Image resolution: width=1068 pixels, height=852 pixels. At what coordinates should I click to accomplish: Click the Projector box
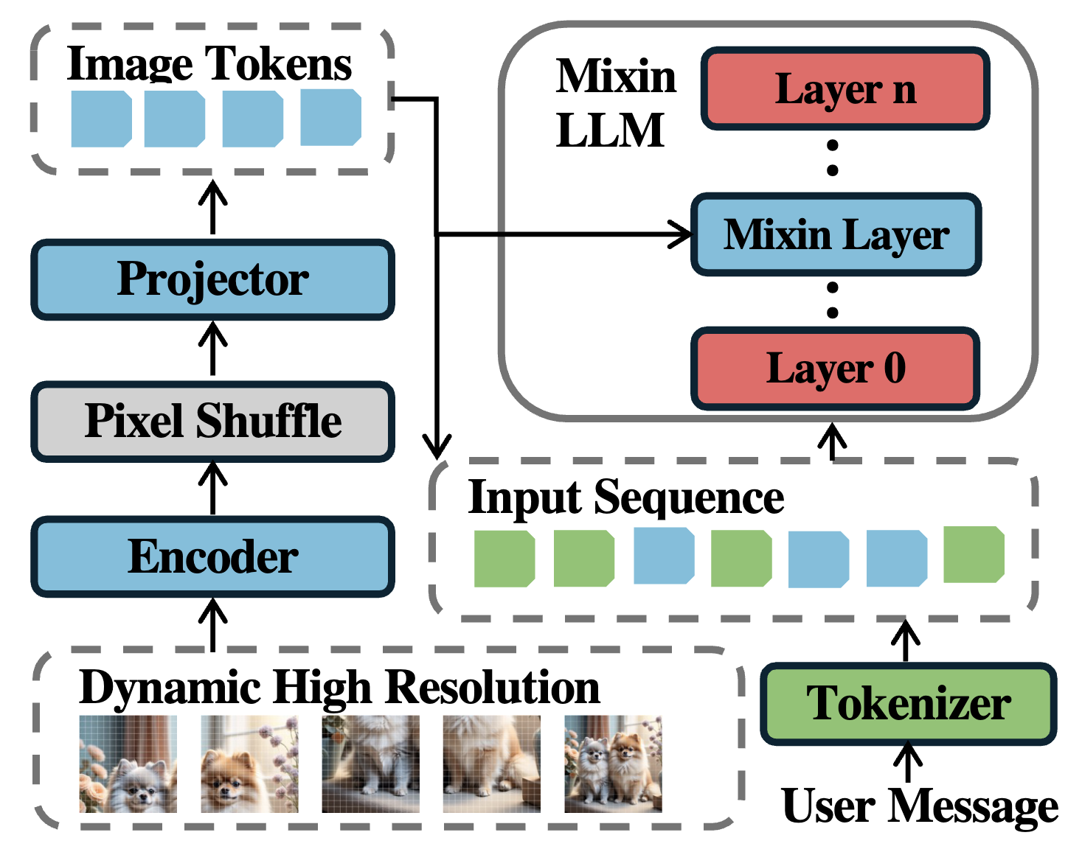pos(212,280)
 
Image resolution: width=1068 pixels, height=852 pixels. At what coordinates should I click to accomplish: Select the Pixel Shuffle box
pos(212,422)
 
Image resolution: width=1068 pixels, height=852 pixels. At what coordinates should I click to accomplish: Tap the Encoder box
pos(212,556)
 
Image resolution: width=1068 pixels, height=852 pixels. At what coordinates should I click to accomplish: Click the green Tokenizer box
pos(909,703)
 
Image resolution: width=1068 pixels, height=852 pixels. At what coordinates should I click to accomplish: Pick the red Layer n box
pos(845,89)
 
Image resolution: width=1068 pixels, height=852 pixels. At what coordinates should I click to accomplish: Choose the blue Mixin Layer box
pos(836,235)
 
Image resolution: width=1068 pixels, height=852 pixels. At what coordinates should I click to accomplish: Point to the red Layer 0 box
pos(836,369)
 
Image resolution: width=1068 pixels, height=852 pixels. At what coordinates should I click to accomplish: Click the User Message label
pos(919,806)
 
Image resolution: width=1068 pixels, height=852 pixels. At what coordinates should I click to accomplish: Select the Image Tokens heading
pos(209,64)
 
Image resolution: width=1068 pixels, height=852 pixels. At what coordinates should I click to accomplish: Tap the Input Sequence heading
pos(626,497)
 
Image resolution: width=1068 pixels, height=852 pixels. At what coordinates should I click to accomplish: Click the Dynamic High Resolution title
pos(339,688)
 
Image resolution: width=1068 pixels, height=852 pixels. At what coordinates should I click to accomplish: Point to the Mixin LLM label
pos(614,103)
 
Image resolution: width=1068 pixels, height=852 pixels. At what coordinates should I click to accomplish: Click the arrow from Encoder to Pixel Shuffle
pos(213,489)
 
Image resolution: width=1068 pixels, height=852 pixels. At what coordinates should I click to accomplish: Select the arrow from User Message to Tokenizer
pos(908,763)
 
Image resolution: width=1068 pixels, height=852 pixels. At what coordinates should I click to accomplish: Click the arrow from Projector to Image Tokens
pos(213,207)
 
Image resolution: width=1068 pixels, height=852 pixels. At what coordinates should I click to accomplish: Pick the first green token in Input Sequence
pos(504,559)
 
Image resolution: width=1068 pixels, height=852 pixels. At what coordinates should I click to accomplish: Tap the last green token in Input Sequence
pos(974,554)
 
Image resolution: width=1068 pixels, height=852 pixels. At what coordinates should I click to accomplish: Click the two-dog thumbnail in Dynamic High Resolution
pos(613,764)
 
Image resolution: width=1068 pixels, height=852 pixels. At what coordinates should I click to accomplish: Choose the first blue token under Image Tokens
pos(101,119)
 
